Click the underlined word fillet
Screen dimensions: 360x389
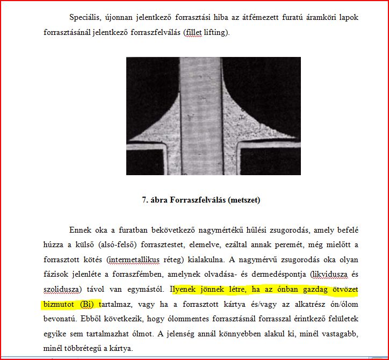point(193,32)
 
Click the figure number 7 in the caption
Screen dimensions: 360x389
point(145,200)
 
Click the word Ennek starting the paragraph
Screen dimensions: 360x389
point(80,230)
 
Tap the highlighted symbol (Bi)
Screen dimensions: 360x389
point(89,305)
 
